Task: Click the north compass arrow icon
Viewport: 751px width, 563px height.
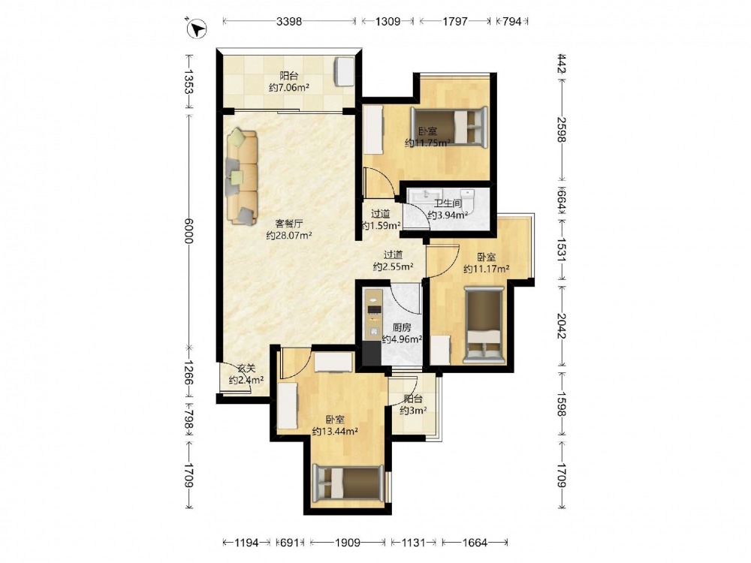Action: pos(196,29)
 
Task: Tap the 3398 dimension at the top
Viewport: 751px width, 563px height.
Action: pos(289,21)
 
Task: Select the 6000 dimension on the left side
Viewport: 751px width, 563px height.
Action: pos(189,230)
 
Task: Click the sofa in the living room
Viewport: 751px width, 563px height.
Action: pos(242,176)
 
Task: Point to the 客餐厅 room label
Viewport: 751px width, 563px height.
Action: pos(289,224)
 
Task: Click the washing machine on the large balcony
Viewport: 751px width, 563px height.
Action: pos(344,71)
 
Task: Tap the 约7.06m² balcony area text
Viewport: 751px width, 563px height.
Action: pos(289,88)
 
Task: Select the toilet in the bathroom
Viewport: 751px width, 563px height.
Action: pos(467,201)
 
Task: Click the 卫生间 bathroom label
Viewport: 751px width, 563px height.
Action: pos(448,203)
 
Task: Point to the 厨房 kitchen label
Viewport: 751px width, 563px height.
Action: pos(401,328)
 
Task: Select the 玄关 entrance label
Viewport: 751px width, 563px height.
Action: pos(246,369)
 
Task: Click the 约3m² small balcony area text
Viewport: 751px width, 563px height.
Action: pos(413,411)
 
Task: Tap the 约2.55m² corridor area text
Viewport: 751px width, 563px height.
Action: pos(394,266)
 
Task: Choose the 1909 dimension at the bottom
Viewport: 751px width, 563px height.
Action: pos(347,543)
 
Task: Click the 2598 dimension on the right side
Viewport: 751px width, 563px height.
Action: pos(561,130)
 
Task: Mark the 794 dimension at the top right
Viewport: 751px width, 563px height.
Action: pos(511,21)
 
